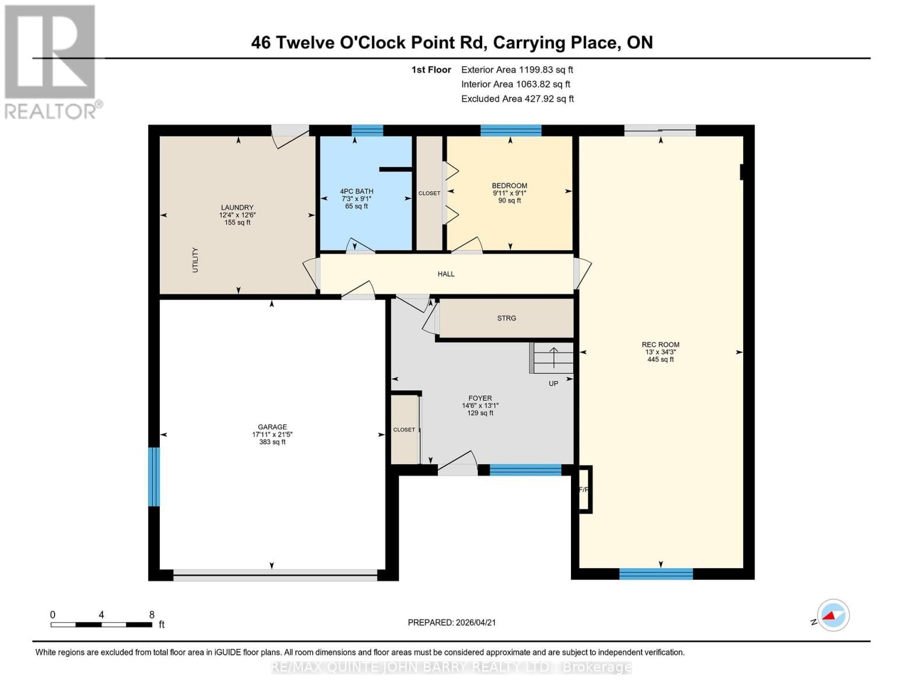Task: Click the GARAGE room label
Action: tap(272, 427)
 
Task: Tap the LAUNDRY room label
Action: tap(237, 208)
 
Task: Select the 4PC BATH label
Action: tap(356, 191)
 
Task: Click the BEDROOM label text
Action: tap(509, 186)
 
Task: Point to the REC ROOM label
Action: tap(661, 344)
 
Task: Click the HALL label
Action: tap(446, 274)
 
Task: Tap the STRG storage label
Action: tap(506, 318)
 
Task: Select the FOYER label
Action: tap(480, 398)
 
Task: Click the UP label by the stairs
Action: tap(553, 383)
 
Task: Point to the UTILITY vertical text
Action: tap(195, 260)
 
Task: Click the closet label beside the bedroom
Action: tap(429, 193)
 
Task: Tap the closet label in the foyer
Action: tap(404, 430)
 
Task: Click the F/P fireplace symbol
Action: tap(584, 490)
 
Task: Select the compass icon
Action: tap(833, 615)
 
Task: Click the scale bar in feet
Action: tap(102, 625)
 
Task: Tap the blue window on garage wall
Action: tap(154, 477)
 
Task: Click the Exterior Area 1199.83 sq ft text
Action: tap(517, 70)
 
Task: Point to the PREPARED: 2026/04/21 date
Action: tap(452, 622)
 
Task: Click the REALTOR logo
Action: tap(51, 61)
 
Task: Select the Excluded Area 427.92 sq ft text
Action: tap(517, 99)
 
